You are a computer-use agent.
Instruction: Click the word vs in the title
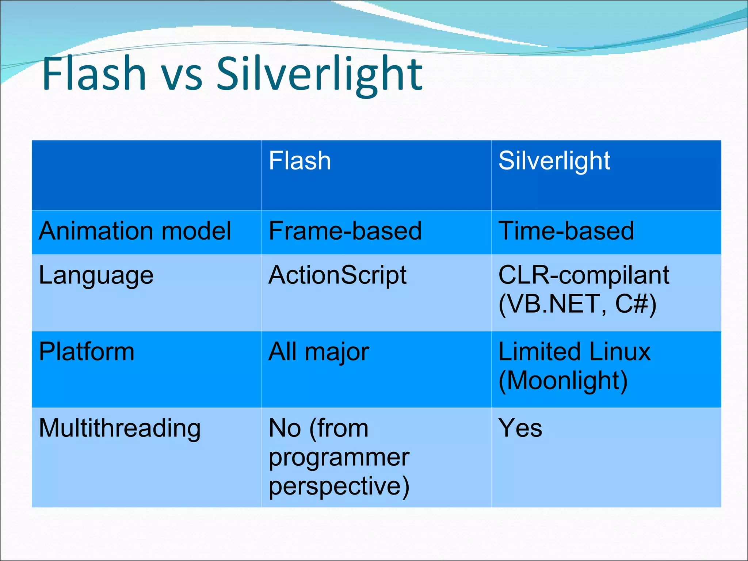(182, 75)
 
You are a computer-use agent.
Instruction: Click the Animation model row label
(135, 231)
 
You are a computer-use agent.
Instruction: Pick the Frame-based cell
(345, 231)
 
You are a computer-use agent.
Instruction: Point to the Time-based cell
(566, 231)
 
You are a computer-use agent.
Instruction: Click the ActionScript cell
(337, 275)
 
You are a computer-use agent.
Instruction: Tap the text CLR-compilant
(584, 275)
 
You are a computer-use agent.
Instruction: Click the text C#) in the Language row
(636, 304)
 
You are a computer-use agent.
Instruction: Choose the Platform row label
(87, 352)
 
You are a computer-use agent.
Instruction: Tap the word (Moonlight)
(563, 381)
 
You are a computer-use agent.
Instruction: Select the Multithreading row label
(120, 428)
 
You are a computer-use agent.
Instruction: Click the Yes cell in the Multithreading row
(520, 428)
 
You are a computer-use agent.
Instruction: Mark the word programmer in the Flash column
(339, 458)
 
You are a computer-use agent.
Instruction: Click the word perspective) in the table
(339, 486)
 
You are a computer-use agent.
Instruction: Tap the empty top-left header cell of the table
(146, 175)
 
